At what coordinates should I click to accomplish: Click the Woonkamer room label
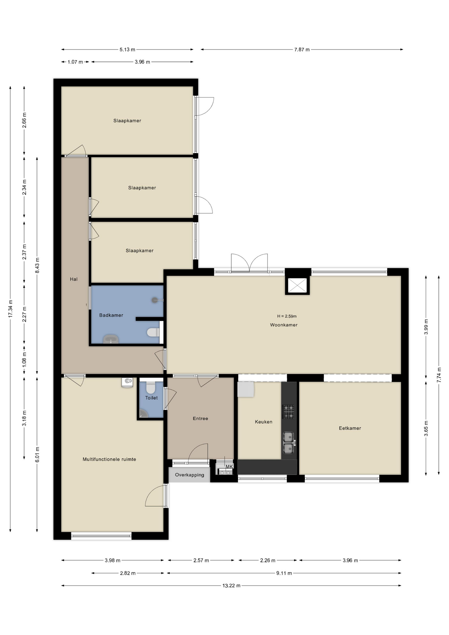click(284, 325)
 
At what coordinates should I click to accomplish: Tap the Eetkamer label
click(350, 428)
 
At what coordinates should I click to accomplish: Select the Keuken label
click(264, 422)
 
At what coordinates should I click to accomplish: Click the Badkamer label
click(111, 315)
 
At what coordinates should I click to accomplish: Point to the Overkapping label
click(189, 475)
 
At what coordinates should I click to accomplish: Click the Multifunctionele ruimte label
click(109, 459)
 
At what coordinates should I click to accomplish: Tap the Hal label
click(74, 279)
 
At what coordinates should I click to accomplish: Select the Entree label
click(200, 418)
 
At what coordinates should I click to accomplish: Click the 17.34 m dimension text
click(10, 309)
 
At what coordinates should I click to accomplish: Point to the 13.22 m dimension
click(231, 586)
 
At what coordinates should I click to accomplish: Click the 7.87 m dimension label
click(302, 50)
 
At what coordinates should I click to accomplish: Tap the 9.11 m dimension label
click(284, 573)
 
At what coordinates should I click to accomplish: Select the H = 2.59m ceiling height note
click(287, 316)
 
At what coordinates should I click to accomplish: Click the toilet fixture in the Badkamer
click(153, 332)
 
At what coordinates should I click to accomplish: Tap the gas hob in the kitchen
click(288, 411)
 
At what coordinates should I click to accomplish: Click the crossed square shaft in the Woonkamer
click(297, 285)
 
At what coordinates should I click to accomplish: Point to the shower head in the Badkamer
click(155, 300)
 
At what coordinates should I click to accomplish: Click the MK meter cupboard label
click(229, 467)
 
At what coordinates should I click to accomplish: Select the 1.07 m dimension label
click(75, 62)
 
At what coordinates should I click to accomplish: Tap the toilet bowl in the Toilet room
click(151, 387)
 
